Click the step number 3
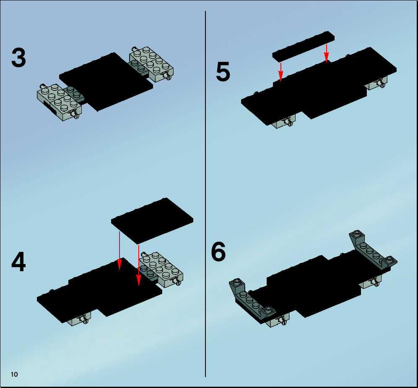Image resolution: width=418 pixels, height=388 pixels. (x=19, y=57)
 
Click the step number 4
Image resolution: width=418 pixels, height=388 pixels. (x=19, y=262)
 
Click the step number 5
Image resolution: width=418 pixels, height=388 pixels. (x=223, y=72)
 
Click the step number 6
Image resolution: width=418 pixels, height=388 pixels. (x=218, y=252)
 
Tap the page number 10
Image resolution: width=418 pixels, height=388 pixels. (x=14, y=375)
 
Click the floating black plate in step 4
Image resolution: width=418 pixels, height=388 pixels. (x=152, y=221)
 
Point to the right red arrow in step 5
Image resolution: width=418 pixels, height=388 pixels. (x=326, y=54)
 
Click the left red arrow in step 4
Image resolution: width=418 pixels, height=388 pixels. (x=119, y=251)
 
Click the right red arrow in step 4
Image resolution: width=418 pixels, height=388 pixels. (x=139, y=265)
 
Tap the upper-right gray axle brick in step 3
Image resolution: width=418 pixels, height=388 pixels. (x=151, y=64)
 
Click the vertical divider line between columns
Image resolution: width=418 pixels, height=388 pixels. (x=205, y=194)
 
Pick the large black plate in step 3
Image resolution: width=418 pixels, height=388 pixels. (x=106, y=82)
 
